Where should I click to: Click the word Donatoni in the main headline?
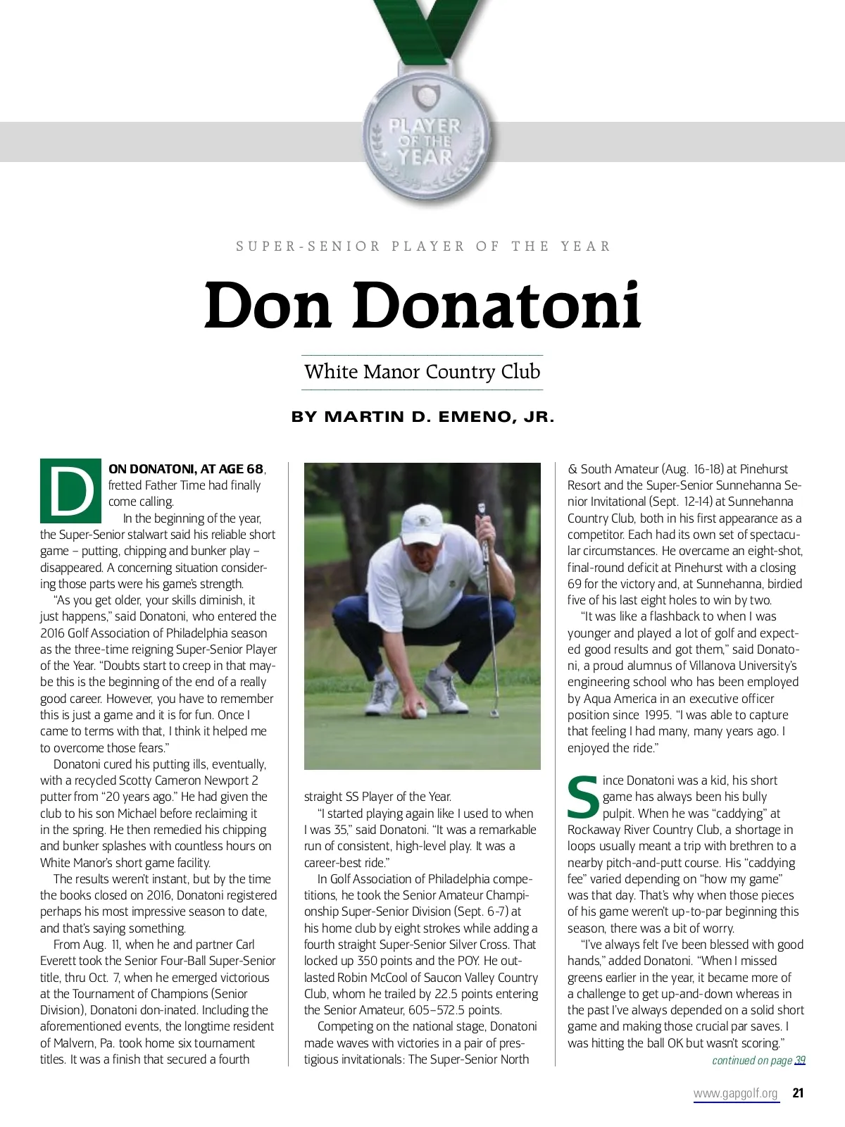(502, 306)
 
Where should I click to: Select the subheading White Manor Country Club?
(422, 372)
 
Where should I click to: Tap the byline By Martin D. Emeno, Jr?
(423, 417)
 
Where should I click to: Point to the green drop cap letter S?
(583, 797)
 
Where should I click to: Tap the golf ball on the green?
(420, 711)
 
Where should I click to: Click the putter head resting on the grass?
(494, 713)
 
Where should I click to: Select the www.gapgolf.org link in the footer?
(736, 1093)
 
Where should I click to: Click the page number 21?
(798, 1093)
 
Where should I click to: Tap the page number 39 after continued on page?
(800, 1061)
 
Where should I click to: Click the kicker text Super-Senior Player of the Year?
(423, 247)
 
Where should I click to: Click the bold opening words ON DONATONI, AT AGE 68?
(187, 469)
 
